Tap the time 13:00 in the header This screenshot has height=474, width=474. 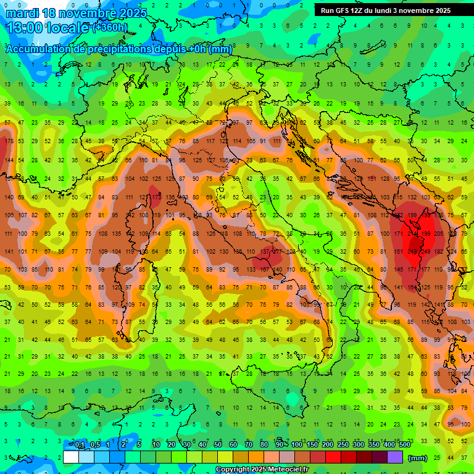[25, 28]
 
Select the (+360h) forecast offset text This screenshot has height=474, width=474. [110, 28]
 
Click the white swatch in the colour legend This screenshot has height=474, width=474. [71, 457]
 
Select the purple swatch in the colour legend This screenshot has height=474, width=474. [395, 457]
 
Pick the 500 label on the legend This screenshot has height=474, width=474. [404, 445]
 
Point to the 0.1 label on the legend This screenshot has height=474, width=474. [80, 445]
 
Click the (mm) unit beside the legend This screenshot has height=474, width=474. [418, 459]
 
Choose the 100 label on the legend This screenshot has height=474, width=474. [297, 445]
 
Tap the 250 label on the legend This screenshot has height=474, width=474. [343, 445]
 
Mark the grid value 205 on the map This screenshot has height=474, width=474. [439, 234]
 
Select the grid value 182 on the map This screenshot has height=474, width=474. [439, 252]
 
